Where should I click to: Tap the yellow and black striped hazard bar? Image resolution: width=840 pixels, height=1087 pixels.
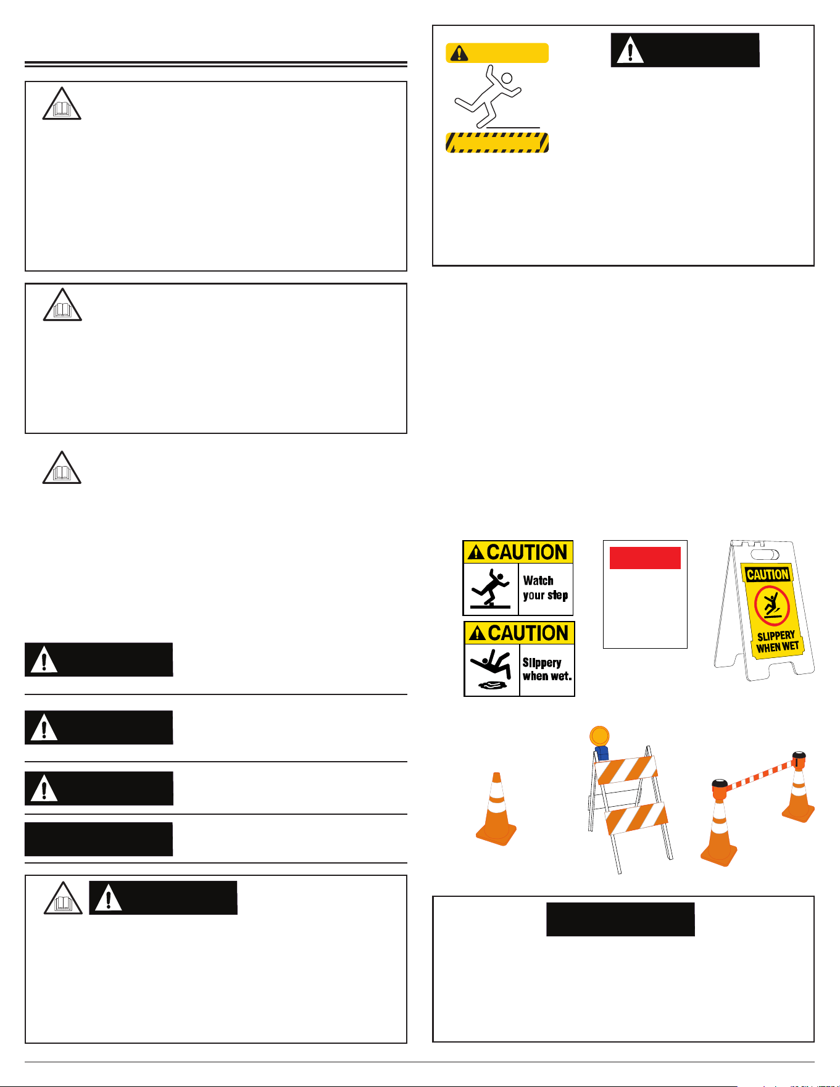(x=497, y=143)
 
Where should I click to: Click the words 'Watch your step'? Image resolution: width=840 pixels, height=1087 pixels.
(x=545, y=588)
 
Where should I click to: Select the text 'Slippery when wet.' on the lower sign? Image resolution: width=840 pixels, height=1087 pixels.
(x=547, y=669)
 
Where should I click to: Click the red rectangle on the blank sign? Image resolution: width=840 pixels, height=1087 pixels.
(x=645, y=557)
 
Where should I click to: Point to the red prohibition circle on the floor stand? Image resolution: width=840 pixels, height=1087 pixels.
(x=771, y=606)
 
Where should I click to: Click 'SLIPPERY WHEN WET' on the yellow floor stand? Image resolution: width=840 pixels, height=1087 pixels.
(x=777, y=641)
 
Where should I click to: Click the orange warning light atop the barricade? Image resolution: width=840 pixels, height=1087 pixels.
(x=599, y=736)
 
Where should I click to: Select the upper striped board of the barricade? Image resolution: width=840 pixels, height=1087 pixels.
(x=625, y=770)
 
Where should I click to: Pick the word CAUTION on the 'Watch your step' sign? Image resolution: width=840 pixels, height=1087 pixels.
(x=527, y=552)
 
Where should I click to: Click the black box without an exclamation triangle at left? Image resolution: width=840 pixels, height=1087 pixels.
(x=99, y=839)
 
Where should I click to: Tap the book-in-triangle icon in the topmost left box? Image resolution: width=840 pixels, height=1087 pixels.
(x=62, y=104)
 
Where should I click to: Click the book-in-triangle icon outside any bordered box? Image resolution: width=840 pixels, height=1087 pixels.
(x=62, y=467)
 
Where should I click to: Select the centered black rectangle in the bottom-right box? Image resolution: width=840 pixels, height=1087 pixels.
(x=620, y=919)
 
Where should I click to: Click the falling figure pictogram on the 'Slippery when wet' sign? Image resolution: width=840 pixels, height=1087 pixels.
(x=490, y=669)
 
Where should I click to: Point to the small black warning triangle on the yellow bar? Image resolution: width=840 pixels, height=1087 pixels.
(x=459, y=53)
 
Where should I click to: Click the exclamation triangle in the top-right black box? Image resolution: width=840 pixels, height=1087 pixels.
(x=630, y=50)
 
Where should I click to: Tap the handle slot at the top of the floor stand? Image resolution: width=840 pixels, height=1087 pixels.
(x=765, y=554)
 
